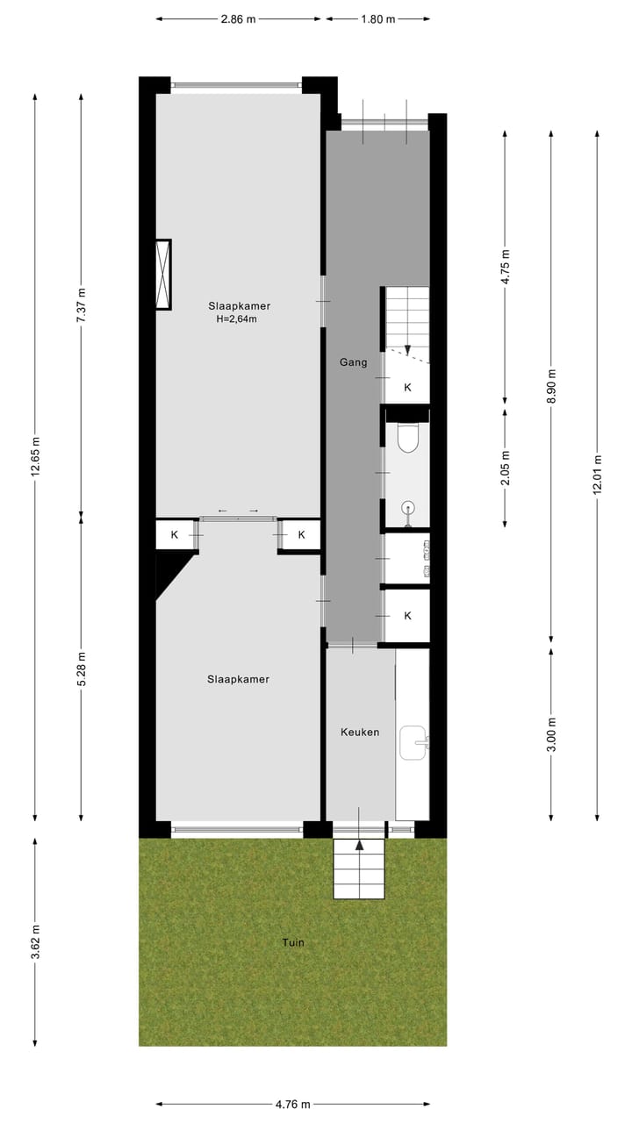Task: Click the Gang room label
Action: coord(353,361)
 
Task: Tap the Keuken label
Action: coord(360,732)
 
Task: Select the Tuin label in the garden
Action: coord(293,942)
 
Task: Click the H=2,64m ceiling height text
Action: coord(236,319)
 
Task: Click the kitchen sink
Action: coord(413,743)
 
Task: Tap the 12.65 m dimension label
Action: coord(35,456)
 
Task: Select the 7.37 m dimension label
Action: coord(82,306)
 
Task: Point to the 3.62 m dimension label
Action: coord(35,941)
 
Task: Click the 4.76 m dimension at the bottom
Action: coord(292,1105)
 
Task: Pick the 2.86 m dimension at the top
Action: coord(238,18)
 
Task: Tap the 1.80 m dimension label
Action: coord(378,18)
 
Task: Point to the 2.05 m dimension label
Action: coord(506,468)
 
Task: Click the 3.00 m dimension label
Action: coord(551,734)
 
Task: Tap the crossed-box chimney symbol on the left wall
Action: coord(162,275)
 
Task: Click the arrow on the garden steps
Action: coord(358,846)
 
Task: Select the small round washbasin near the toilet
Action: coord(408,508)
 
